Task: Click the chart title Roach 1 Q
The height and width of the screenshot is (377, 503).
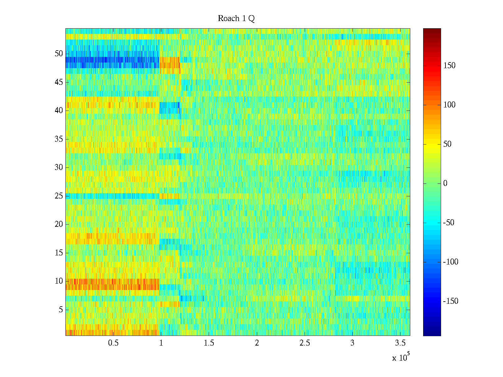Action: point(236,19)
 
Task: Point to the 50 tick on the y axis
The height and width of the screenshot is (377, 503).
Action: point(59,54)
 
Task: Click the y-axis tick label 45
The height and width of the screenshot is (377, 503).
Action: point(59,82)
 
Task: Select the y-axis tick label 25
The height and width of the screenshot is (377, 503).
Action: point(59,196)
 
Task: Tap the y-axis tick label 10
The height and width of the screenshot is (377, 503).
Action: point(59,281)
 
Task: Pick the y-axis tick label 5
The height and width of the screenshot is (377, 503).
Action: point(61,310)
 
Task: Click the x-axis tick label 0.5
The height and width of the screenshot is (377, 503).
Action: point(113,343)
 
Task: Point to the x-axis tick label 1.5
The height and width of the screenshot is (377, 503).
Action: point(209,343)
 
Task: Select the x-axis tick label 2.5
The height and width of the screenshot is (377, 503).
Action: point(305,343)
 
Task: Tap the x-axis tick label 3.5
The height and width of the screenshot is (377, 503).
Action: point(400,343)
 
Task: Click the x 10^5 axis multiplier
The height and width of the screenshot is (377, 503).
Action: point(401,358)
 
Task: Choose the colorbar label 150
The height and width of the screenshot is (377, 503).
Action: point(449,66)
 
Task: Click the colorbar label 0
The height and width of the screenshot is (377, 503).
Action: point(445,183)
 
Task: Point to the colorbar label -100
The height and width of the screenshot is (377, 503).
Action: point(450,262)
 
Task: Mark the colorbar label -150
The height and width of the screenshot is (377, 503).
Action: point(450,301)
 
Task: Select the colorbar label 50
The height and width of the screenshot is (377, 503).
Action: point(447,144)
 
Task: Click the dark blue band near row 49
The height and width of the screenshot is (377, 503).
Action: point(112,62)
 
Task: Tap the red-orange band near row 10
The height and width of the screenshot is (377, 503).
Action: point(112,284)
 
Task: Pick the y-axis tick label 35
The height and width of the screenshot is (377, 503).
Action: point(59,139)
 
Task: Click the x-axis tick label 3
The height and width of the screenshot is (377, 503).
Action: point(352,343)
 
